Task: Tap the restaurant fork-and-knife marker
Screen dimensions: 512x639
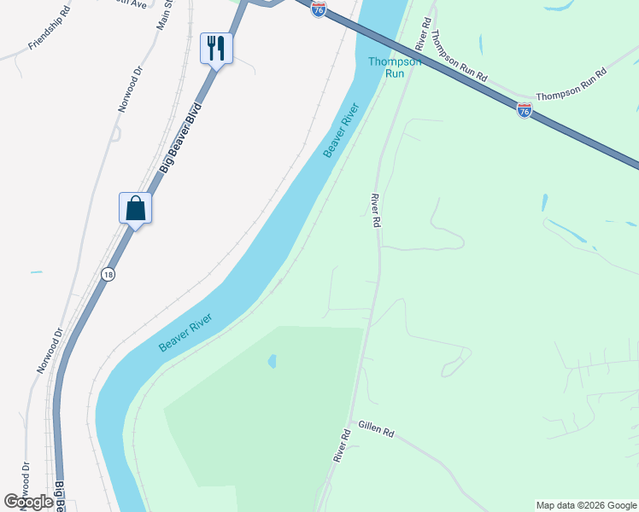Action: [216, 48]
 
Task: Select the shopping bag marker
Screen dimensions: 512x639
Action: [135, 207]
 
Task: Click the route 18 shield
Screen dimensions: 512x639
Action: [107, 274]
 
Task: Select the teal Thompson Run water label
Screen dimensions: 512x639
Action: [394, 67]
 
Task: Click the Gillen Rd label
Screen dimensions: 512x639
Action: [376, 430]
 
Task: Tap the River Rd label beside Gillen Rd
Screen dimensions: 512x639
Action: [343, 445]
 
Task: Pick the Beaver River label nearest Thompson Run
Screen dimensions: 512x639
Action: [342, 131]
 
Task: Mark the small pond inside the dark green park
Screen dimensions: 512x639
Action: [272, 361]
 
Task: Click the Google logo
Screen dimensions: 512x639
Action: [29, 502]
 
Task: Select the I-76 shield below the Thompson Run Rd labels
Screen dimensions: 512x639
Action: [525, 110]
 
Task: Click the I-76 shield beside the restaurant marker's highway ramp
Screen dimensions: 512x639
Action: [318, 9]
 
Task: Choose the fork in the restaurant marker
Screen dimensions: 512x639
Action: [211, 46]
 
